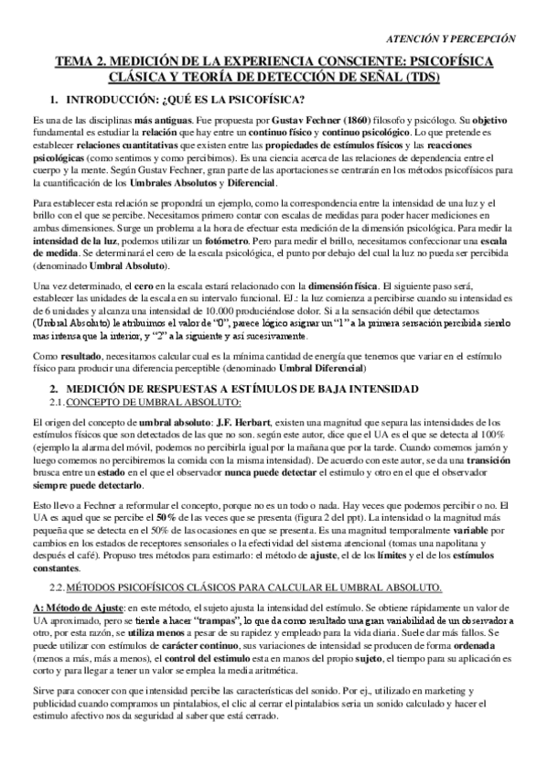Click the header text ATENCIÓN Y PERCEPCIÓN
point(453,38)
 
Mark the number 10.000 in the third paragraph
point(190,311)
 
